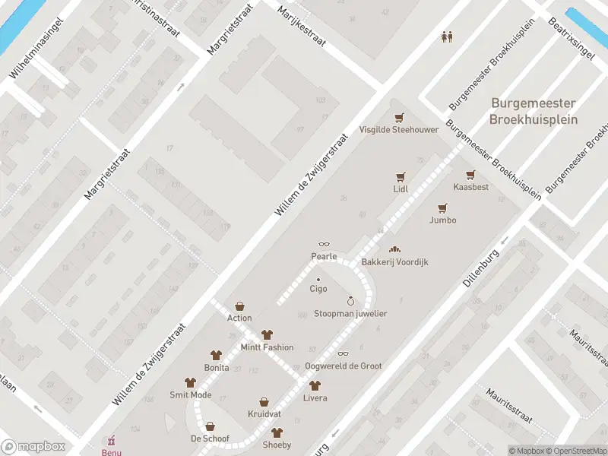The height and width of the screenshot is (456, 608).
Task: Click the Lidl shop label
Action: click(401, 188)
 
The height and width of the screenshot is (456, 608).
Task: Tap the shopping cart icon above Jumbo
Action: click(442, 207)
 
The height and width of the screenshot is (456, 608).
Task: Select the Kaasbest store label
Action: click(470, 187)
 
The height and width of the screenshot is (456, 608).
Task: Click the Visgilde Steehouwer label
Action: click(399, 129)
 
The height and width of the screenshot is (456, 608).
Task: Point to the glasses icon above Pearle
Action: click(324, 244)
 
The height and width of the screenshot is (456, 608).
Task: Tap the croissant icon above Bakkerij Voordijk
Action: click(394, 249)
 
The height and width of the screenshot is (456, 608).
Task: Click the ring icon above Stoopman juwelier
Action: click(350, 301)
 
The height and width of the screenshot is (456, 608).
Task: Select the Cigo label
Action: click(318, 289)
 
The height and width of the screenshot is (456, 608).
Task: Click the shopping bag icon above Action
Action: click(239, 306)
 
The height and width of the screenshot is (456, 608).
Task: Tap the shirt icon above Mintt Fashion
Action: click(267, 334)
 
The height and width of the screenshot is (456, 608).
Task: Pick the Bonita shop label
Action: click(216, 367)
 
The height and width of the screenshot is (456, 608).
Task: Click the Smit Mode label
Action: click(190, 395)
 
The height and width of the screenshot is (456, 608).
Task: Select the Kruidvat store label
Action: click(264, 414)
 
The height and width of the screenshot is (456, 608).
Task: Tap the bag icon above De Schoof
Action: click(210, 426)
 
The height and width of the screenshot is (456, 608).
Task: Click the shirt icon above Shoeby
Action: click(277, 432)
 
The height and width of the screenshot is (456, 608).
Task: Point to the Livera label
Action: click(315, 398)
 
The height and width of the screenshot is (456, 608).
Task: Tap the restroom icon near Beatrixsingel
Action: click(448, 36)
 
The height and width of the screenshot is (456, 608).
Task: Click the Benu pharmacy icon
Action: click(112, 440)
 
